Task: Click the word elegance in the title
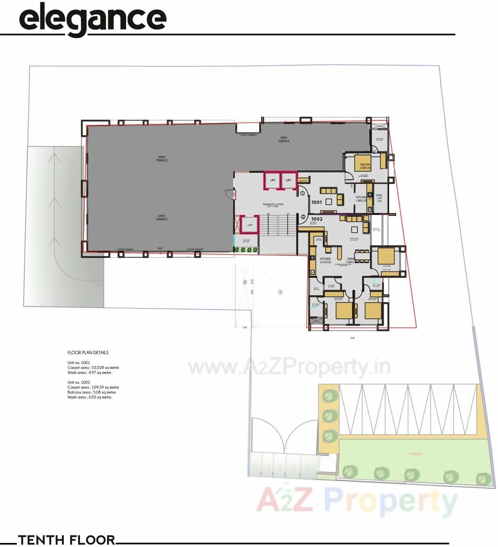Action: (x=93, y=19)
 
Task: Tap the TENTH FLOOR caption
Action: (x=67, y=540)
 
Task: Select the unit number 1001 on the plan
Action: (x=317, y=202)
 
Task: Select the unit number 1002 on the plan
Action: (x=317, y=219)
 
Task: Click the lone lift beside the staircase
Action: (x=250, y=225)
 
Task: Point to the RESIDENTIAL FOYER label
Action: (x=273, y=205)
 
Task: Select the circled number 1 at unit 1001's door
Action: (x=302, y=194)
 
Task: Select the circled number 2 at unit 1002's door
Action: (x=303, y=217)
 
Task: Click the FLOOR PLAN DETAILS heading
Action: (x=88, y=352)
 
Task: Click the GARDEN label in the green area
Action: (x=415, y=454)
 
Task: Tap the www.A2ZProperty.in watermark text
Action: (x=289, y=367)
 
